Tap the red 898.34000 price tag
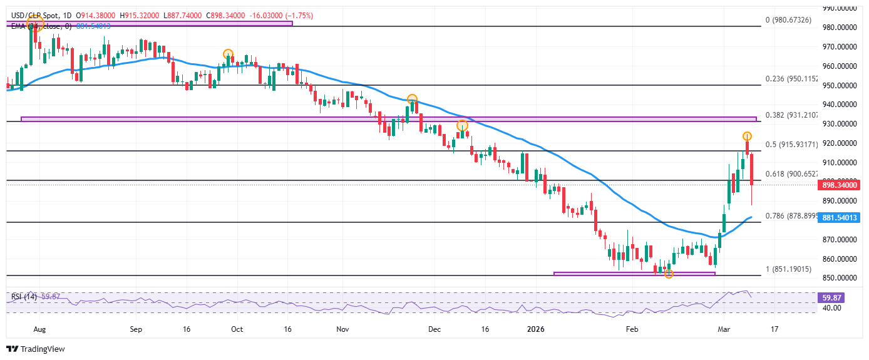(x=838, y=185)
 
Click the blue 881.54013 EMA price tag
(x=838, y=218)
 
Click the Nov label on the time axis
(x=342, y=329)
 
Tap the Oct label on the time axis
(x=237, y=329)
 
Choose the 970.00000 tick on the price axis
(x=838, y=47)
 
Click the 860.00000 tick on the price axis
(x=838, y=259)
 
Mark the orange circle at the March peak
(x=747, y=136)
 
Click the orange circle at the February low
(x=669, y=274)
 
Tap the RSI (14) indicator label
(x=21, y=296)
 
